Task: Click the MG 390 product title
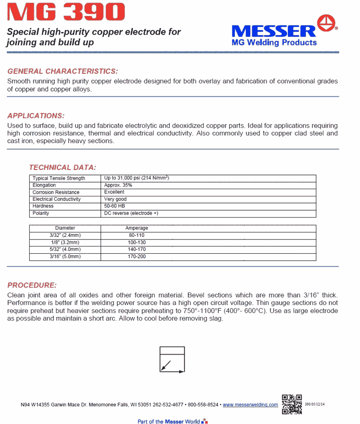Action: [66, 12]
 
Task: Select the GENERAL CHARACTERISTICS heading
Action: [63, 71]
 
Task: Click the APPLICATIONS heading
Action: [36, 116]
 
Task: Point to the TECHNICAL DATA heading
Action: [62, 167]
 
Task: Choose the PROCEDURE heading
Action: [32, 285]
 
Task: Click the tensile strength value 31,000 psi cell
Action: [136, 178]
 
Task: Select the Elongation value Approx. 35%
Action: [118, 185]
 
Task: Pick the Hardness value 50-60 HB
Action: [114, 206]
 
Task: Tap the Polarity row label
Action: [41, 213]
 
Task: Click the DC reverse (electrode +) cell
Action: [131, 213]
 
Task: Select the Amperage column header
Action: [136, 228]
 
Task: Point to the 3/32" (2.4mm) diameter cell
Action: [65, 235]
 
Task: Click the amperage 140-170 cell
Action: [136, 249]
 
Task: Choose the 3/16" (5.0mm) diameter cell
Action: [65, 256]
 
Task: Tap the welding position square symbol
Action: [172, 359]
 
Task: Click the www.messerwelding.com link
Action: [250, 405]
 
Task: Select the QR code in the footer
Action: [292, 404]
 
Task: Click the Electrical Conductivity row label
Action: [57, 199]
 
